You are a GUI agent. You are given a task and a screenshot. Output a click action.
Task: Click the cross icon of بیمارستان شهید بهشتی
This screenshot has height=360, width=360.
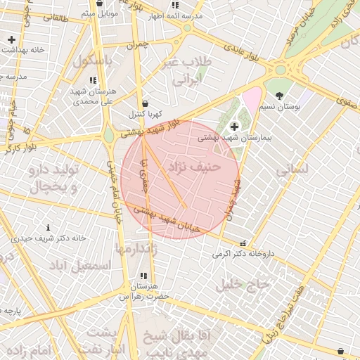coord(234,127)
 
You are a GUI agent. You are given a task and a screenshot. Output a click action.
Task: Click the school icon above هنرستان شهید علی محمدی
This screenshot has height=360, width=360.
coord(93,80)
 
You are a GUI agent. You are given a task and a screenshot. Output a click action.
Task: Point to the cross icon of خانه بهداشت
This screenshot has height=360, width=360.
coord(11,39)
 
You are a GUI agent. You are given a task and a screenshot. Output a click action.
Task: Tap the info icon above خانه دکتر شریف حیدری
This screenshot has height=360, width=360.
coord(48,227)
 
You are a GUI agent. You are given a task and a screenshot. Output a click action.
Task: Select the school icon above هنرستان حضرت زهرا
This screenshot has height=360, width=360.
coord(144,276)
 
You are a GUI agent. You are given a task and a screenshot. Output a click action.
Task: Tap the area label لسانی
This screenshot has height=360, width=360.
coord(292,169)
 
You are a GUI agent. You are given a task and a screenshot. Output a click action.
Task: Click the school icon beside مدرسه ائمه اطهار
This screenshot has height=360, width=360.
coord(176,5)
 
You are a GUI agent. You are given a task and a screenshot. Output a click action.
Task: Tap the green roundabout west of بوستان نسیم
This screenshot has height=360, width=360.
coord(281,70)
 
